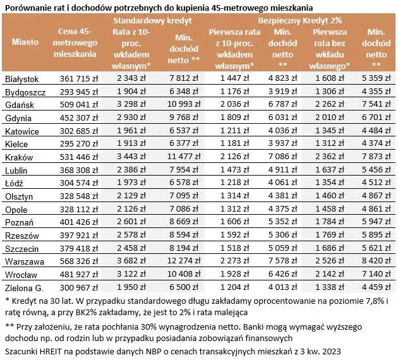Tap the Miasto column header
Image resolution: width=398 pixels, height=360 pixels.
[25, 42]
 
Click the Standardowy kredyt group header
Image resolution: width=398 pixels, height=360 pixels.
[154, 20]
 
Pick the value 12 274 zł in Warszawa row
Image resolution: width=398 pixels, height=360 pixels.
[179, 261]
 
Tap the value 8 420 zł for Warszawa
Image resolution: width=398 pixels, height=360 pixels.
[377, 261]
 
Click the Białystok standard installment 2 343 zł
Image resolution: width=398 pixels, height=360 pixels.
[131, 78]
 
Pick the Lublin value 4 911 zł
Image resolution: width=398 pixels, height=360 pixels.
[280, 170]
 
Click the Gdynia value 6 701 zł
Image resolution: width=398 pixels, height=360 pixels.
[377, 117]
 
